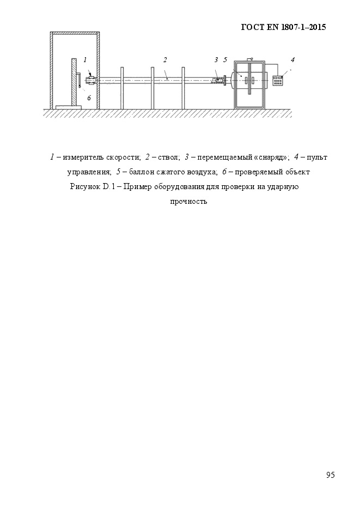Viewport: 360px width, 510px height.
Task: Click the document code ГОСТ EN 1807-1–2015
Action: click(x=283, y=27)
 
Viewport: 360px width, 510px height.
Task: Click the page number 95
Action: click(x=331, y=475)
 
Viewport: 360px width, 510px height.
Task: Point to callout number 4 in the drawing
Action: click(x=292, y=59)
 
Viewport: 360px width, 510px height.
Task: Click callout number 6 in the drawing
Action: click(x=89, y=98)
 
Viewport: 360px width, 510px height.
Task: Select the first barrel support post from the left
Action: click(x=122, y=87)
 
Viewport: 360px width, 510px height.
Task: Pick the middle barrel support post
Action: click(x=152, y=87)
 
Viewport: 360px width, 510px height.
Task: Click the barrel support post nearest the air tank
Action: click(x=183, y=87)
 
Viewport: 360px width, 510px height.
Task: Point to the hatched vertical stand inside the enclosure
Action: click(x=72, y=82)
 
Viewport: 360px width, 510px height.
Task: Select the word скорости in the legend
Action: click(x=125, y=157)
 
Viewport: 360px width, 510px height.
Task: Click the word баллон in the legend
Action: click(x=143, y=172)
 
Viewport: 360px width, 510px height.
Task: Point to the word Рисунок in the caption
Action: click(x=84, y=187)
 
